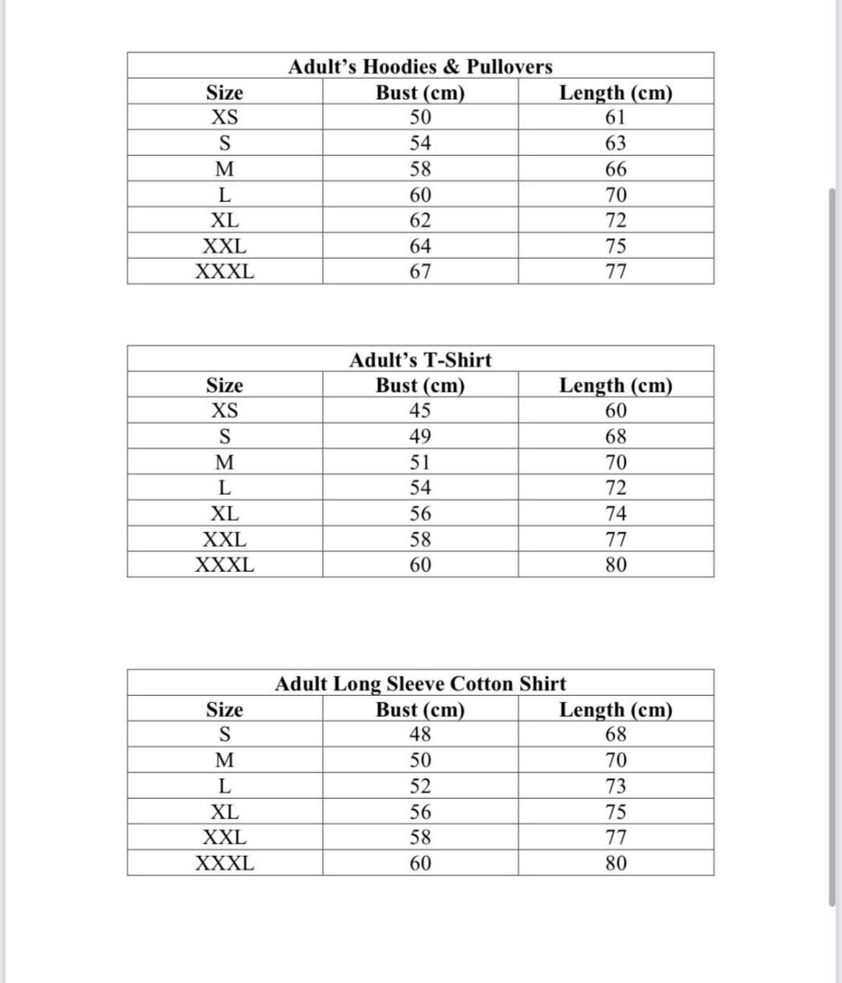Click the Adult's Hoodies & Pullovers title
[420, 67]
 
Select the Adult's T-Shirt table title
[420, 360]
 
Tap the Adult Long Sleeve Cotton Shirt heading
[420, 684]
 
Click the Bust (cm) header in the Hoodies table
[420, 93]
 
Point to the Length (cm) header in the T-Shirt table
[616, 385]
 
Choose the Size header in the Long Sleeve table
[225, 710]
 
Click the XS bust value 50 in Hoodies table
[420, 118]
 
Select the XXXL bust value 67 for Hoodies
[420, 272]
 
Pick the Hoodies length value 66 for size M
[616, 169]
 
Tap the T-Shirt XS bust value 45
[420, 410]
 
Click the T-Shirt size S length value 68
[616, 436]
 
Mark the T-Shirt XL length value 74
[616, 513]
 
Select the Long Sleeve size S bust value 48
[420, 734]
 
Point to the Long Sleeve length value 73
[616, 786]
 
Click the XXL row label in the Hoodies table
[225, 247]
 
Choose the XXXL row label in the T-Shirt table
[225, 565]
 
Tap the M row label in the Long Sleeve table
[225, 760]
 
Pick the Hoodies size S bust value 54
[420, 144]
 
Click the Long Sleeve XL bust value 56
[420, 812]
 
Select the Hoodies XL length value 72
[616, 221]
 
